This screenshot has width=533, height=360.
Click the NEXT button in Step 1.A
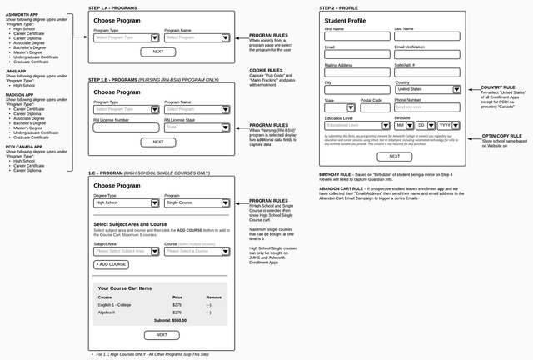click(x=158, y=52)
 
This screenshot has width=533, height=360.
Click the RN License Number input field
click(x=126, y=127)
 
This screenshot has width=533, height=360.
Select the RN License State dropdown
click(x=197, y=127)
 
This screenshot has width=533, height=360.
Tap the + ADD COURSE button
click(x=111, y=264)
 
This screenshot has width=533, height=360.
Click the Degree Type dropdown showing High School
click(x=126, y=202)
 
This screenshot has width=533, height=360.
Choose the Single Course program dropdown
click(x=196, y=202)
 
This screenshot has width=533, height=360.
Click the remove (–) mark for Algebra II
click(x=208, y=312)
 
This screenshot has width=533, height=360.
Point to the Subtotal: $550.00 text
click(x=171, y=320)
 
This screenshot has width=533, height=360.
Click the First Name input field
click(x=356, y=37)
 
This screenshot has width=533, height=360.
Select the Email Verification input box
click(x=426, y=54)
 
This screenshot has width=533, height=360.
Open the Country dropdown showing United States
click(x=427, y=89)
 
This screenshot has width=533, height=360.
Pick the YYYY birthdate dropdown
click(x=447, y=125)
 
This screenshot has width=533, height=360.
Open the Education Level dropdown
click(x=356, y=125)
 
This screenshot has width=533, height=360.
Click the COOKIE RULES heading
click(x=266, y=70)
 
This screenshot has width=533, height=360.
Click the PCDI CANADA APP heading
click(x=23, y=147)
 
